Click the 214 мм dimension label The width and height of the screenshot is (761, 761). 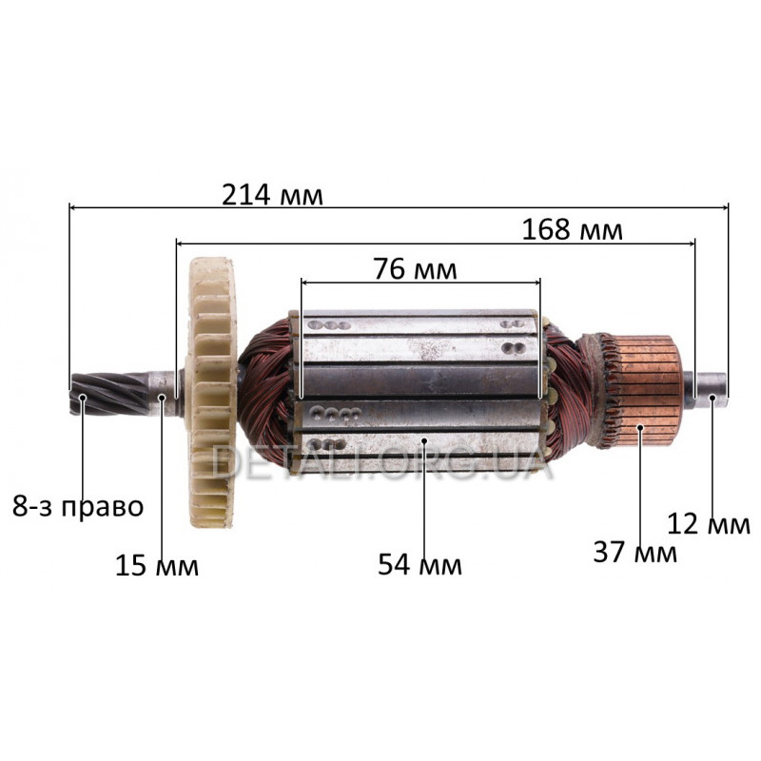[x=272, y=195]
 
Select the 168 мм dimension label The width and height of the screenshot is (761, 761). [x=573, y=229]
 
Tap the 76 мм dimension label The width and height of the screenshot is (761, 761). [x=415, y=269]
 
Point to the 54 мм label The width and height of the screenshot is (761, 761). [x=420, y=564]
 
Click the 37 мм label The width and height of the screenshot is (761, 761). [x=634, y=552]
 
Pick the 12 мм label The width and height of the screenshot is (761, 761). [x=709, y=524]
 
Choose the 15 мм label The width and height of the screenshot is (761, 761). [x=157, y=565]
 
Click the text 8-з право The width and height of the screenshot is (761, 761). [x=78, y=507]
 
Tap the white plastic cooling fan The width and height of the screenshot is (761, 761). [x=211, y=392]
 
